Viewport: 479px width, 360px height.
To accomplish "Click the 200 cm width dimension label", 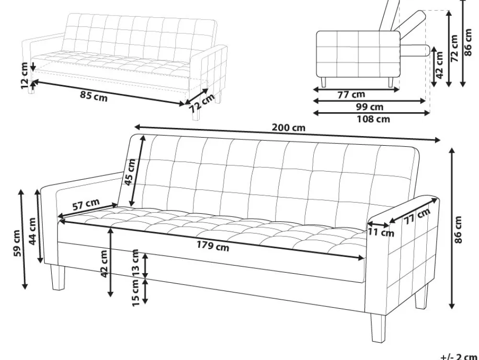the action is (288, 127).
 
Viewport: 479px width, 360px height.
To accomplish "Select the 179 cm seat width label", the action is (213, 246).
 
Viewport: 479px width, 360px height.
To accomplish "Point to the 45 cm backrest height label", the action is (130, 172).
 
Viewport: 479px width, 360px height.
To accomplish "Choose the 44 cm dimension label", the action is (32, 231).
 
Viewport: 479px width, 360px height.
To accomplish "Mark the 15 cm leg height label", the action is (136, 293).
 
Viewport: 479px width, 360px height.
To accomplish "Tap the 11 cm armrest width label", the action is (381, 232).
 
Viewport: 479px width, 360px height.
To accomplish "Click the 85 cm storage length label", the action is (94, 96).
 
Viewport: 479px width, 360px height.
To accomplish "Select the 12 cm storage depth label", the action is (24, 75).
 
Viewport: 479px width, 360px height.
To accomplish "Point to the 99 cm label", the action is (370, 106).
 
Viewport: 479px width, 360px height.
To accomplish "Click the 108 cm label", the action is (373, 119).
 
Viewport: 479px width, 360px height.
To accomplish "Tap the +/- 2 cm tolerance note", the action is (458, 357).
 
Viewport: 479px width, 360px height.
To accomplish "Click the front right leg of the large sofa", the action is (378, 328).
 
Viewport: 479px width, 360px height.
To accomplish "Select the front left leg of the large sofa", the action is (58, 278).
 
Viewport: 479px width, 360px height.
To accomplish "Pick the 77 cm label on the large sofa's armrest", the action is (417, 216).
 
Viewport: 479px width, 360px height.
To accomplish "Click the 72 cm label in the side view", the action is (454, 48).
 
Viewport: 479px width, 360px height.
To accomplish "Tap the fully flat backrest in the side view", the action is (415, 50).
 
